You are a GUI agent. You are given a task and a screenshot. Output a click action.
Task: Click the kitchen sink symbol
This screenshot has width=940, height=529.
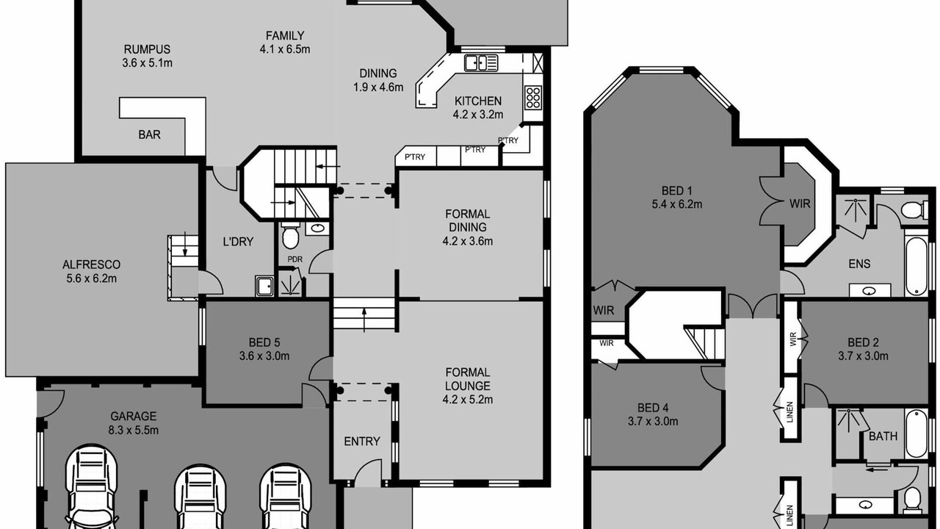tap(481, 63)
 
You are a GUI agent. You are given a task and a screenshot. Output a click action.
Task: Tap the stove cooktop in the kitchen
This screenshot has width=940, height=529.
tap(533, 98)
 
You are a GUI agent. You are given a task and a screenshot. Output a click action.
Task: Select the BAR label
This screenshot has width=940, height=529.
tap(149, 134)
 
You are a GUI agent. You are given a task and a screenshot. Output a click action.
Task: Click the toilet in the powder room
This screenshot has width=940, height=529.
tap(290, 236)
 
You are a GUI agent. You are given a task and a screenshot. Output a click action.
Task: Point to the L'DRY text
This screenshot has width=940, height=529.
tap(238, 242)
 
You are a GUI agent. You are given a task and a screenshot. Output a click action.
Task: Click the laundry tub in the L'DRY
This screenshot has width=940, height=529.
tap(264, 286)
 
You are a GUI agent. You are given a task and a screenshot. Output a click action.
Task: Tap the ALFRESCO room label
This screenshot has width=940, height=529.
tap(92, 264)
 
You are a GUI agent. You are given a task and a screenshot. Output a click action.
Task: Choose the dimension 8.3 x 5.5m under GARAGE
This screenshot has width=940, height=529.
tap(134, 431)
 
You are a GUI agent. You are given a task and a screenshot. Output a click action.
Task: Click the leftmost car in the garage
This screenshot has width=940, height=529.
tap(92, 487)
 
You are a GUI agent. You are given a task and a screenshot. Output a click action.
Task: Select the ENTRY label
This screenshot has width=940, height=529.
tap(362, 442)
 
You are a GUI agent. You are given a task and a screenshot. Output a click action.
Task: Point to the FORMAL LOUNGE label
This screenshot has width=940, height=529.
tap(468, 379)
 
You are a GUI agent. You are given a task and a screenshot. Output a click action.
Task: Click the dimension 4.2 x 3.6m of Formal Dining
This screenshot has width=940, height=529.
tap(468, 242)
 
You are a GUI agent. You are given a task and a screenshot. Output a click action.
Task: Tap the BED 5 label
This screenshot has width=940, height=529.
tap(264, 342)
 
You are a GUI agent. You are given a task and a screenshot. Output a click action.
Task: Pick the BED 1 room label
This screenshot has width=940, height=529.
tap(677, 191)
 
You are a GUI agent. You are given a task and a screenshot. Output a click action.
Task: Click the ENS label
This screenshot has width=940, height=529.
tap(859, 264)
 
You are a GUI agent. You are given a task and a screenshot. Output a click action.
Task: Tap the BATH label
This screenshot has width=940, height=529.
tap(883, 436)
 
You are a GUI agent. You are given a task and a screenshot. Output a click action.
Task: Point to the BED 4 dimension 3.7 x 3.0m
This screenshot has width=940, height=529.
tap(653, 421)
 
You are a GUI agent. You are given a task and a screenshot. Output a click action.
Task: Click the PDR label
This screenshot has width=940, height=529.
tap(295, 259)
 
